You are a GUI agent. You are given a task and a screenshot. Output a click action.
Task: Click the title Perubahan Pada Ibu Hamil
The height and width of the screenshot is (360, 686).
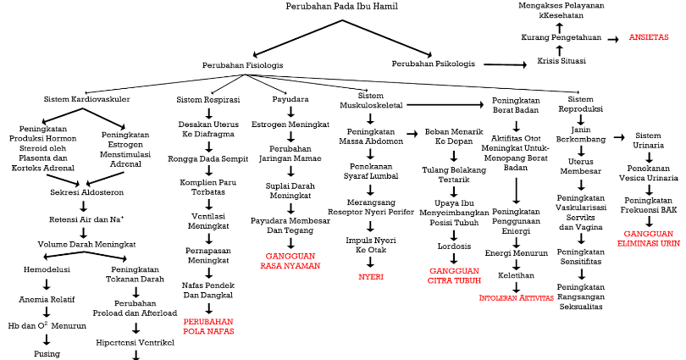point(343,7)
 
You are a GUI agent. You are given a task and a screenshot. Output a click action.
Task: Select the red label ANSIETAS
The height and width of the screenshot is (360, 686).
point(649,38)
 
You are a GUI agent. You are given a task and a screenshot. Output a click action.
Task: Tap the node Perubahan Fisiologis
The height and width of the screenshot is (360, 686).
point(242,64)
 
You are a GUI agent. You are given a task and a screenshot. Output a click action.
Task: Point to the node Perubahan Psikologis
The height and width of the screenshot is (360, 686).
point(433,64)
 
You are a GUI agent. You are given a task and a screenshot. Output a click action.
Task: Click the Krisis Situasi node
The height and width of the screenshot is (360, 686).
point(561,61)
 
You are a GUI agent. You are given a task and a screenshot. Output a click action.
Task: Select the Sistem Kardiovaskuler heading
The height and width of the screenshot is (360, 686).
point(86,99)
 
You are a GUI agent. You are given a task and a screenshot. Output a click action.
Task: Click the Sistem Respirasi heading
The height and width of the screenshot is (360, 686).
point(208,99)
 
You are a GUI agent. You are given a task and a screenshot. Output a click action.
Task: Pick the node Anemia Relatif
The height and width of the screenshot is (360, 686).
point(47,299)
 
